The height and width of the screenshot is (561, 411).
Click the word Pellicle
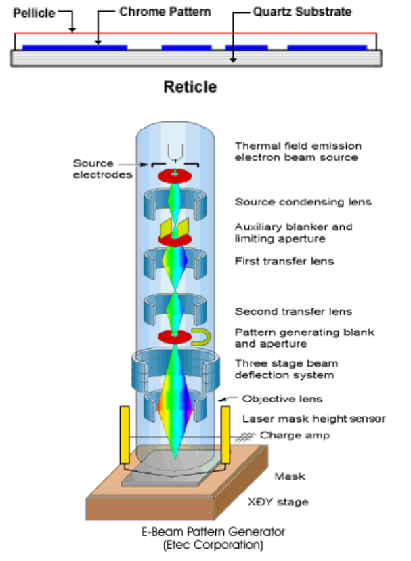coord(34,14)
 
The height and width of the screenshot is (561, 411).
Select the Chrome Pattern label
coord(165,12)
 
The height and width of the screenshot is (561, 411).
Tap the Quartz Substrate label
coord(302,12)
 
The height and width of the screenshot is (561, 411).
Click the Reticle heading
coord(190,87)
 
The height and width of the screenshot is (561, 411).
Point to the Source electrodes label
coord(103,169)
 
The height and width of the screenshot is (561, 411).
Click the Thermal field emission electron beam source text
coord(298,151)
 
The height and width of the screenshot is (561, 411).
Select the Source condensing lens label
coord(303,202)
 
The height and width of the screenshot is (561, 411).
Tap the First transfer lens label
coord(284,261)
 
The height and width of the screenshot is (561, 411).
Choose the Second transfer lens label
coord(293,312)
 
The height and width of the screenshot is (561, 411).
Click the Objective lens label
coord(282,399)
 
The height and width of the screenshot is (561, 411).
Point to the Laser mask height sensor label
coord(314,419)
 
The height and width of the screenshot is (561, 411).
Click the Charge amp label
coord(295,436)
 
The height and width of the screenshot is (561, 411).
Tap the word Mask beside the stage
coord(290,476)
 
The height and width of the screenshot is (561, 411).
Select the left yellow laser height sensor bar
coord(125,435)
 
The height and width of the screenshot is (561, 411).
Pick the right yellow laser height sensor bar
coord(225,435)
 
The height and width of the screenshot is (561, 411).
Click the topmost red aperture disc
coord(175,176)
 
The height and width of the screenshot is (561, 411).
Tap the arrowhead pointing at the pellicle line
coord(72,30)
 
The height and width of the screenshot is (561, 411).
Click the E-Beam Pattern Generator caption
coord(213,532)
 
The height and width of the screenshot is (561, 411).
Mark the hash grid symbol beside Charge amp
coord(245,437)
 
